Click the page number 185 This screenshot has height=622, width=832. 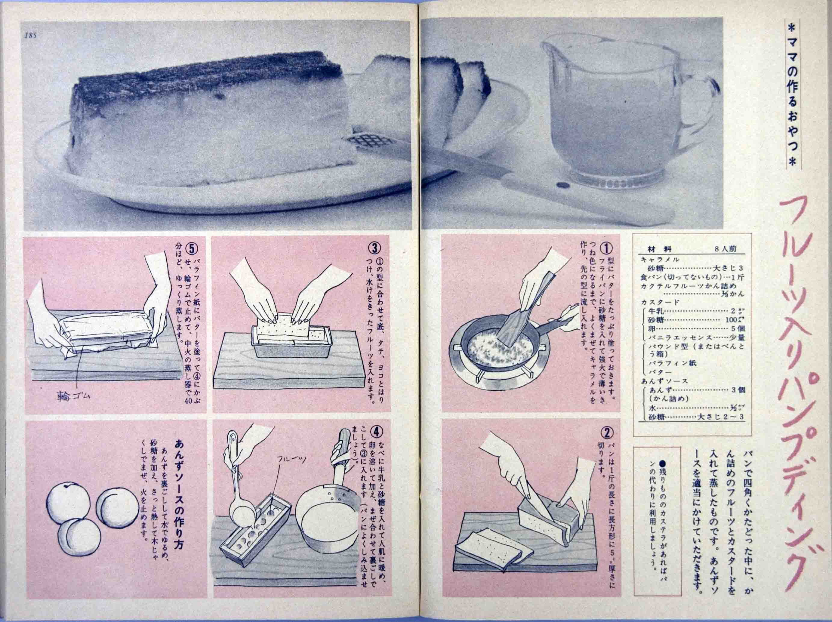(30, 36)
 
